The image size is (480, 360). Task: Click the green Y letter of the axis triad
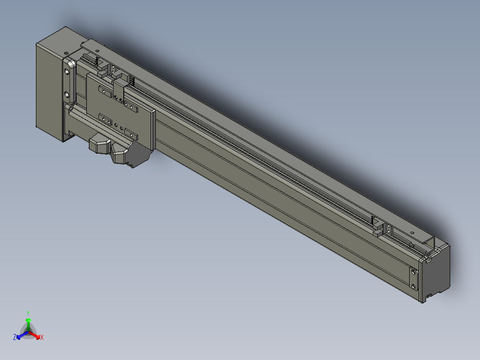(x=28, y=313)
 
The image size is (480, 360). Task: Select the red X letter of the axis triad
(x=42, y=337)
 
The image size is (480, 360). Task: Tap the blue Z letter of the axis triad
(x=15, y=337)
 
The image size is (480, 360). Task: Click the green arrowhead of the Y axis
(x=28, y=320)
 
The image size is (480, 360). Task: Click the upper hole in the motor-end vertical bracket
(x=67, y=72)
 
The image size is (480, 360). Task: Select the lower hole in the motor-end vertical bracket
(x=67, y=94)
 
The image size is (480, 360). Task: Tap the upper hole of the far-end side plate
(x=414, y=272)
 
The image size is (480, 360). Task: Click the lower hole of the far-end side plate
(x=414, y=286)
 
